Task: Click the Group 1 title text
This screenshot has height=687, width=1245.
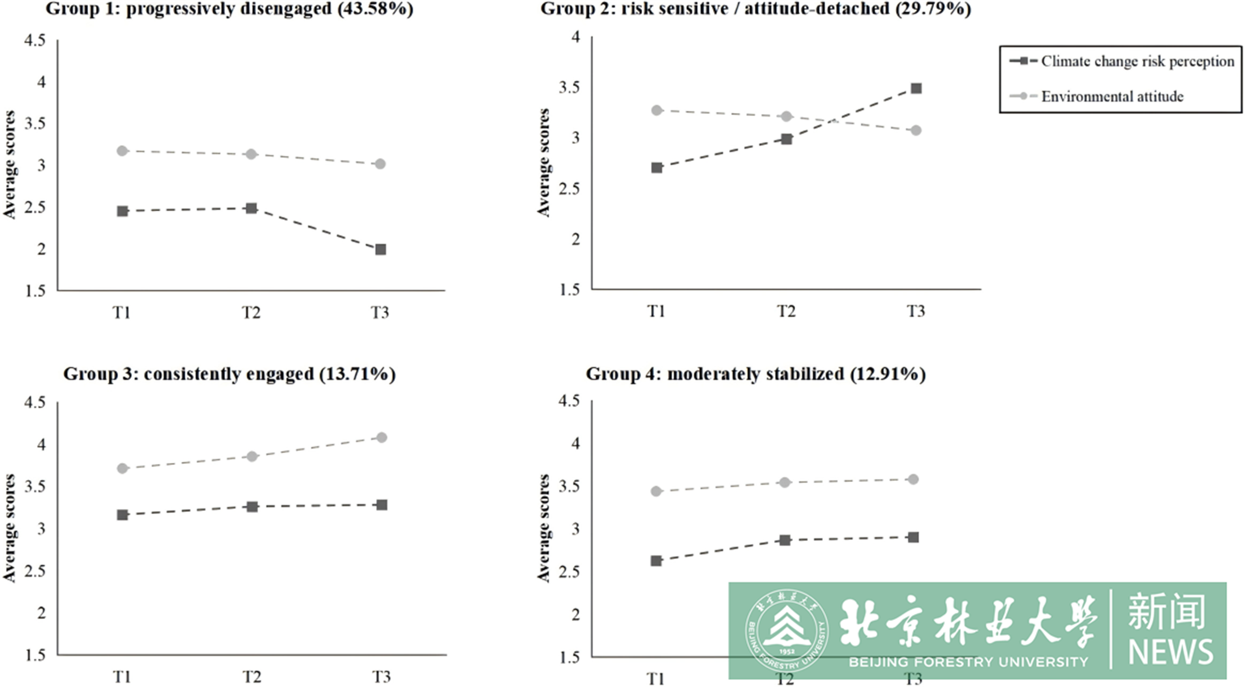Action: pos(229,9)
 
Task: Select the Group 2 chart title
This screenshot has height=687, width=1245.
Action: pos(755,9)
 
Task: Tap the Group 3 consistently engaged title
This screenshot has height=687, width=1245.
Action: pos(229,374)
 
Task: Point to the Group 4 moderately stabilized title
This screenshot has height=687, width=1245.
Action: pos(755,374)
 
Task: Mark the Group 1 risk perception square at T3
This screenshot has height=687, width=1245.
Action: pos(380,250)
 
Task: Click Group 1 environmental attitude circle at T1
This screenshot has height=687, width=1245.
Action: pos(122,151)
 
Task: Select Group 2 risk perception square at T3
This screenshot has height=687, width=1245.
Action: pos(916,88)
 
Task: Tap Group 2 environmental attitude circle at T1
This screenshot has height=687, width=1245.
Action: pos(657,111)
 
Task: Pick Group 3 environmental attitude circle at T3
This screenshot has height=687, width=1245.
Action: pos(381,438)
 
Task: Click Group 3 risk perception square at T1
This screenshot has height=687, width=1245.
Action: pos(122,515)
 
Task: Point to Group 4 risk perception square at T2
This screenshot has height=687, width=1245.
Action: pos(785,541)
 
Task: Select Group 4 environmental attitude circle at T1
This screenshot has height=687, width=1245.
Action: pos(656,491)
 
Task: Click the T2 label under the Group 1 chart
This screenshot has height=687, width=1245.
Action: pos(251,313)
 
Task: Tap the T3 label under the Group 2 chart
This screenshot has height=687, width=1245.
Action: pos(916,312)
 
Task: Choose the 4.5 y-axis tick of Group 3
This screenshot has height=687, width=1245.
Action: pos(35,402)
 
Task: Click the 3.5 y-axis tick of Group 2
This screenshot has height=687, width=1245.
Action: pos(569,87)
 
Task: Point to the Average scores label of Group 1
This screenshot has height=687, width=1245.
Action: pos(9,165)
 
